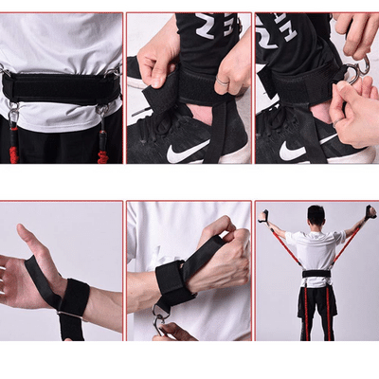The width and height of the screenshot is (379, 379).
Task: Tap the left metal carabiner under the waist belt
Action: click(x=13, y=116)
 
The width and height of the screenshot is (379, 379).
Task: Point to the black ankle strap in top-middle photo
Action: click(x=189, y=95)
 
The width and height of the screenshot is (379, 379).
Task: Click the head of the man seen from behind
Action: click(x=316, y=216)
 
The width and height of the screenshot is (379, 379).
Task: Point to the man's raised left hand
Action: click(x=265, y=217)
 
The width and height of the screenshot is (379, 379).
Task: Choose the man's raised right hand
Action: click(x=370, y=212)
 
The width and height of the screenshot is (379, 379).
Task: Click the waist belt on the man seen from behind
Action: click(x=316, y=275)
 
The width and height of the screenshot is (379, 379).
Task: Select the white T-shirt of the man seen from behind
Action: click(x=316, y=250)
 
